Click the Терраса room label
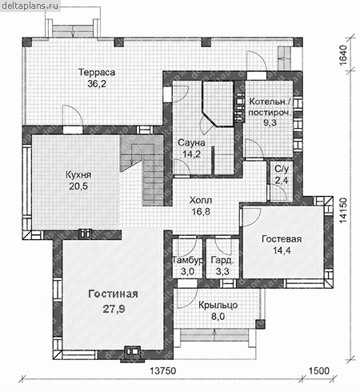[x=97, y=72]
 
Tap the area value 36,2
[x=97, y=84]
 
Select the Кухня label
[x=78, y=175]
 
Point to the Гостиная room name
[x=114, y=294]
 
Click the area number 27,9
[x=114, y=309]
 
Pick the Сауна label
[x=191, y=142]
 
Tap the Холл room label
[x=201, y=200]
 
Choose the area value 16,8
[x=201, y=212]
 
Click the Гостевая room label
[x=282, y=239]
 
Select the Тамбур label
[x=188, y=260]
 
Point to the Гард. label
[x=222, y=260]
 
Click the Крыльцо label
[x=218, y=306]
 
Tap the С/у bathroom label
[x=282, y=169]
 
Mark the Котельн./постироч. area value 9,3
[x=270, y=122]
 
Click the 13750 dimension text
[x=163, y=371]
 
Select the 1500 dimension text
[x=319, y=371]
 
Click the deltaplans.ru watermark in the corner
[x=30, y=6]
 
